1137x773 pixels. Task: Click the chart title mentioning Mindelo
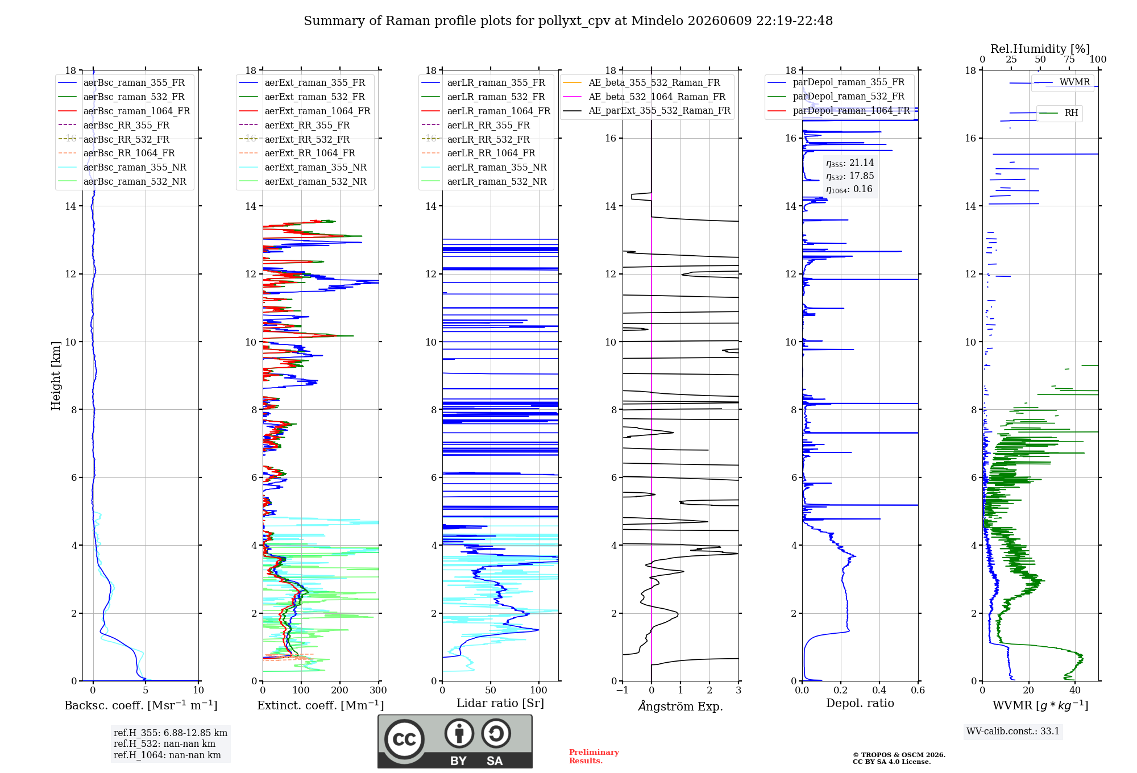pos(568,21)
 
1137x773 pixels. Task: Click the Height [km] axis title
pos(56,376)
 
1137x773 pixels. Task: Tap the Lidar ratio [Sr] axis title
pos(500,703)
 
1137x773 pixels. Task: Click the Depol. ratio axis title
pos(860,703)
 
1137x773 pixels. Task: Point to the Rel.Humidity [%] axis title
pos(1040,49)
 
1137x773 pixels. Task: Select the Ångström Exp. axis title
pos(680,706)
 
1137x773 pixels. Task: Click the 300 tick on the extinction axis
pos(378,690)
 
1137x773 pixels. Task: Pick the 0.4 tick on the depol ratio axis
pos(879,690)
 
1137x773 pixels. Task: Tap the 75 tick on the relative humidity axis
pos(1069,59)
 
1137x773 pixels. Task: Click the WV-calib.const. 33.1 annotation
pos(1013,731)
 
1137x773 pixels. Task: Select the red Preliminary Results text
pos(594,757)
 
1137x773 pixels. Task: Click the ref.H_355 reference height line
pos(171,733)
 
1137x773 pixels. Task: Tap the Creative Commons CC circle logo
pos(404,739)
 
